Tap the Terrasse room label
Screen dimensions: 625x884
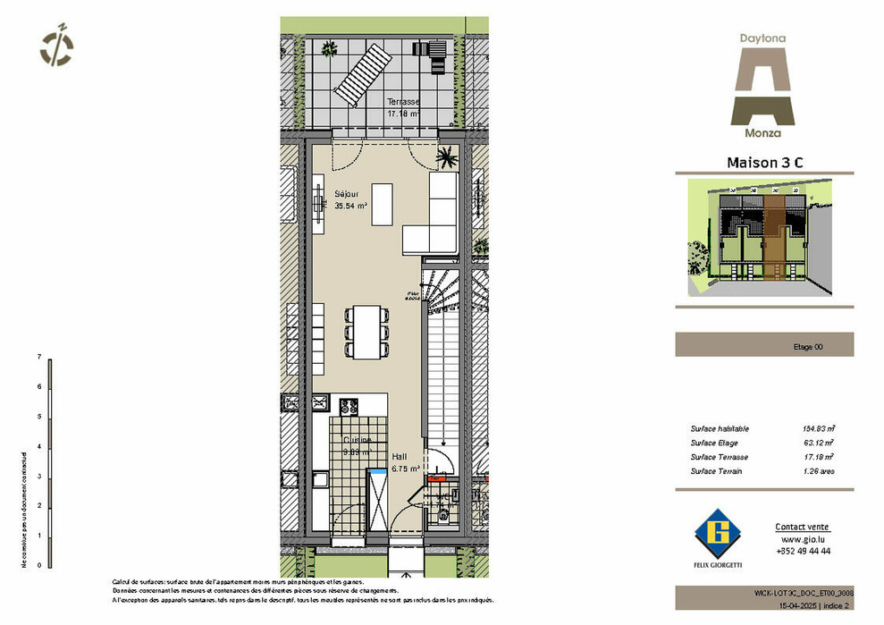(403, 102)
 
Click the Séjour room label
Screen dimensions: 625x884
(347, 193)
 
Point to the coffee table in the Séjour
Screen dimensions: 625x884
(381, 204)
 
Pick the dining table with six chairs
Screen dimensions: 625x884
(367, 331)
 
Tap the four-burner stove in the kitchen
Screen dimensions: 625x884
(349, 407)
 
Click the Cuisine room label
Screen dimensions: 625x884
(358, 441)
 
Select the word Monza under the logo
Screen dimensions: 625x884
(762, 133)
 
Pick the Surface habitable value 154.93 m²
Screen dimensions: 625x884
(818, 429)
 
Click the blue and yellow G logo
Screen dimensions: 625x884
(720, 533)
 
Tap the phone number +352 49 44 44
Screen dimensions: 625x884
(802, 552)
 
